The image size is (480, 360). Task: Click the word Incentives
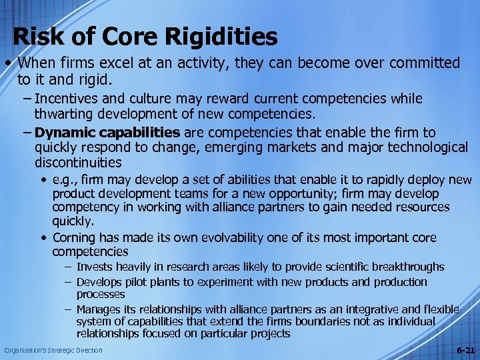tap(72, 99)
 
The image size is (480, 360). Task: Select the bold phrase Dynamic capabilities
tap(107, 132)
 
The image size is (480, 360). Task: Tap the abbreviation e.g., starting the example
tap(66, 180)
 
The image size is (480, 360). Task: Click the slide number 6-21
tap(465, 350)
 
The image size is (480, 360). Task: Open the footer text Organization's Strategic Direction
tap(53, 350)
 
